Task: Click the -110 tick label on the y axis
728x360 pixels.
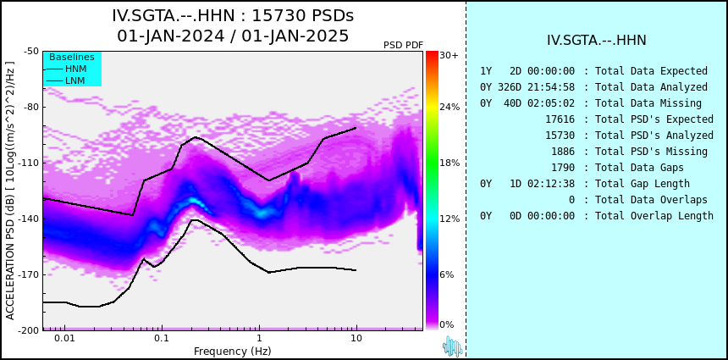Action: coord(29,163)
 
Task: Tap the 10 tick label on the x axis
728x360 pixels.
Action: coord(356,338)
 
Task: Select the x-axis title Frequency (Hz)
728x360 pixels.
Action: coord(232,351)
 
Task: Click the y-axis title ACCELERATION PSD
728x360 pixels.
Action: coord(10,191)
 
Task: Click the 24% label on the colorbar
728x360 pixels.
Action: coord(449,107)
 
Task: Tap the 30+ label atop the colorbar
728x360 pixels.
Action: coord(449,55)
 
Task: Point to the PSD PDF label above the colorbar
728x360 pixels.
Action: coord(404,45)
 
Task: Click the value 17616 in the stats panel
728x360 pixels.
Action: coord(560,119)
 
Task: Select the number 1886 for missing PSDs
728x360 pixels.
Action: coord(563,152)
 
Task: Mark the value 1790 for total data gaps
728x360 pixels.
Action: coord(563,167)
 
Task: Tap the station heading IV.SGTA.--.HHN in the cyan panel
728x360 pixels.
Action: coord(597,41)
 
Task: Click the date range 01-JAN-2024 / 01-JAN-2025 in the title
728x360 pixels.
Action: coord(233,36)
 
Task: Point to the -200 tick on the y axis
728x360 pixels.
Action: coord(29,330)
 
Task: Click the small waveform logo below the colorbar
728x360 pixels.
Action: coord(453,346)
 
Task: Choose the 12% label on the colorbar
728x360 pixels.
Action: coord(449,219)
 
